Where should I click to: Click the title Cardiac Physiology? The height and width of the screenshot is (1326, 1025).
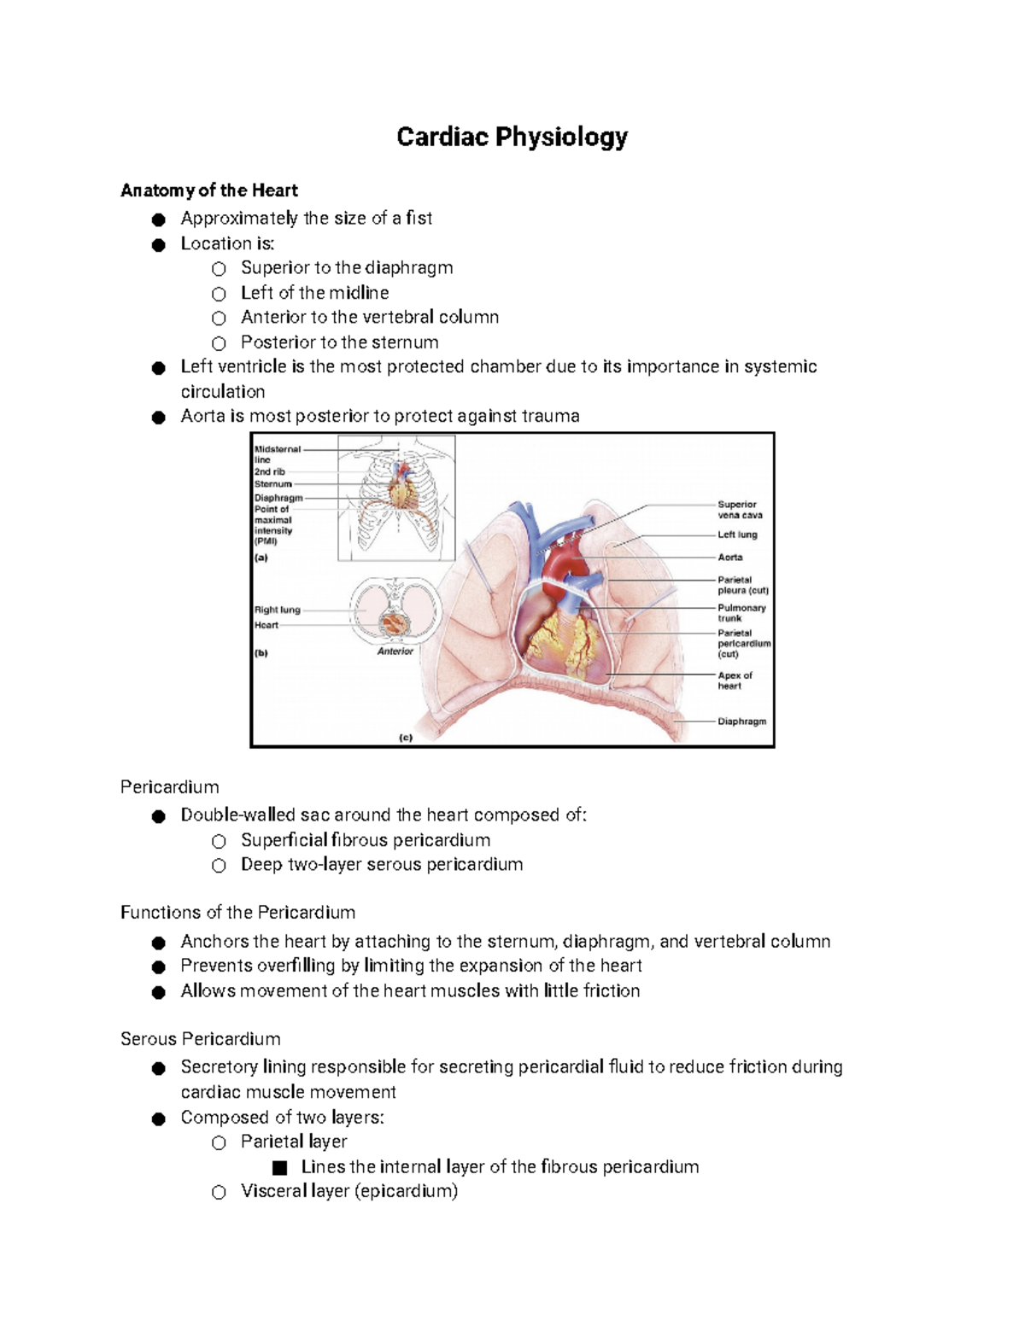[x=512, y=137]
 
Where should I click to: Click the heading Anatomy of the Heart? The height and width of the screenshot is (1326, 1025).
[x=209, y=190]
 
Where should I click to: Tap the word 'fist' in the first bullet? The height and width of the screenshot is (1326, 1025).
[x=419, y=219]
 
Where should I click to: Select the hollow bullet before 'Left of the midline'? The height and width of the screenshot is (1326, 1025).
[x=220, y=294]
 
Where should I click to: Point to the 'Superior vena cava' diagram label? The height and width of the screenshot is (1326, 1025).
[x=739, y=510]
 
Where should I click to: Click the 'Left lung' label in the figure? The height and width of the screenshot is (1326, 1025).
[x=737, y=534]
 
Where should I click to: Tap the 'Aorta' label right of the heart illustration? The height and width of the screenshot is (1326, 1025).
[x=729, y=557]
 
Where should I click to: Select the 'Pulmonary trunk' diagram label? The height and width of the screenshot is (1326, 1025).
[x=741, y=613]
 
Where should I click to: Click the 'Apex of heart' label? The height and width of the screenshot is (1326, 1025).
[x=734, y=681]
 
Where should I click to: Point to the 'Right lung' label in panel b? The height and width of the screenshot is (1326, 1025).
[x=277, y=610]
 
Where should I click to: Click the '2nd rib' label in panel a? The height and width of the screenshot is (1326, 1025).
[x=269, y=471]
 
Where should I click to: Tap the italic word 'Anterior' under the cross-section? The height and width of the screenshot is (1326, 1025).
[x=395, y=651]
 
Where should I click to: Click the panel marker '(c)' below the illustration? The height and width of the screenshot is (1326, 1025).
[x=406, y=737]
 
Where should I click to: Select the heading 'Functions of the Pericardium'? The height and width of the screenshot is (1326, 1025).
[x=237, y=913]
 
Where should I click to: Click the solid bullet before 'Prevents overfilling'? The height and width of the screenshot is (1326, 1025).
[x=158, y=967]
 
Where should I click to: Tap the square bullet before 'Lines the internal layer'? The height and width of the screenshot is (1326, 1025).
[x=279, y=1168]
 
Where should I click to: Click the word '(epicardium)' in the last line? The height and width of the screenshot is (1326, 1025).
[x=406, y=1191]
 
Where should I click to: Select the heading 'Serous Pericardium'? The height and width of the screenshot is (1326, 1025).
[x=200, y=1039]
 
